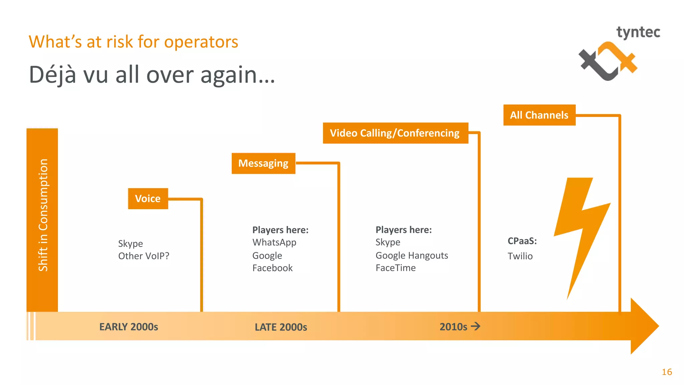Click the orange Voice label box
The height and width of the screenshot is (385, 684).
tap(148, 199)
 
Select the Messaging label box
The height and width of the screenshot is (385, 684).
tap(263, 163)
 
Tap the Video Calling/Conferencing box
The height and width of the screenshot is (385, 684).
tap(395, 133)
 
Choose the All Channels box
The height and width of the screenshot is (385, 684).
tap(539, 115)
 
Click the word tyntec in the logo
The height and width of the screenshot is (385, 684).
tap(638, 32)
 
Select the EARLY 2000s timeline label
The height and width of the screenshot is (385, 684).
tap(129, 327)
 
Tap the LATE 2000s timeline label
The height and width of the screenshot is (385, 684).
tap(281, 327)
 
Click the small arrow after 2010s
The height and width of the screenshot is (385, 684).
tap(476, 326)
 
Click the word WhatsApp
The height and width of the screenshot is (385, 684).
tap(274, 242)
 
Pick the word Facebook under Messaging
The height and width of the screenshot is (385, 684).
tap(272, 268)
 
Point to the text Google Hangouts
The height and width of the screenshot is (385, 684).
tap(411, 255)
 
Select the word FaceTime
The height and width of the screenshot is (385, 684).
tap(395, 268)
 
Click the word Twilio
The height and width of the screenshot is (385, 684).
tap(520, 256)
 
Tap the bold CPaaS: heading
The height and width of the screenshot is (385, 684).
tap(522, 241)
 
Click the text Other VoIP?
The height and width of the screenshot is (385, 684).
tap(144, 256)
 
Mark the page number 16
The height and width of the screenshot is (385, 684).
tap(667, 372)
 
